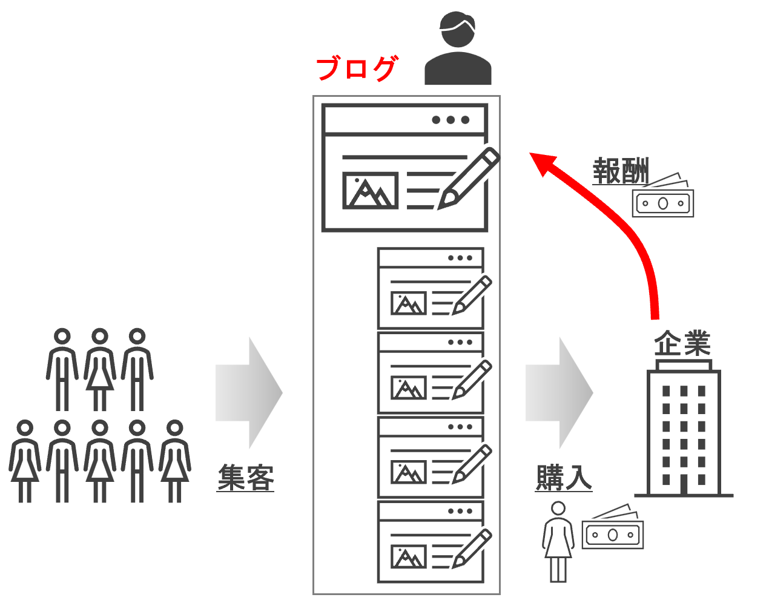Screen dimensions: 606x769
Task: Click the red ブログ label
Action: point(356,68)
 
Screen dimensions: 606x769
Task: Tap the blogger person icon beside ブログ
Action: point(458,50)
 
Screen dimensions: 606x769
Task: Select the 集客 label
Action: point(246,478)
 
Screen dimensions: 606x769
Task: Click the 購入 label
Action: point(564,478)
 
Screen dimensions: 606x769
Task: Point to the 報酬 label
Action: point(620,171)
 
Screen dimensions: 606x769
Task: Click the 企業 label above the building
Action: point(682,343)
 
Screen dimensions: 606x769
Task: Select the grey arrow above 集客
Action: point(249,392)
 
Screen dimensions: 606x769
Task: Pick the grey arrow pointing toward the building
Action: point(559,392)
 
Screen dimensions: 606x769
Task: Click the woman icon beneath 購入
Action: point(558,541)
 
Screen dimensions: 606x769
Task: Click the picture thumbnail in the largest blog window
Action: point(371,190)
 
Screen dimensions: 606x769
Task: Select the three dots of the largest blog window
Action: point(451,120)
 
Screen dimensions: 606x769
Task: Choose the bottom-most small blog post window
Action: point(431,541)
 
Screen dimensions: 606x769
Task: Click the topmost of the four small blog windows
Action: point(431,288)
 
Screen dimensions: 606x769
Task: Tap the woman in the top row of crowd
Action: point(100,369)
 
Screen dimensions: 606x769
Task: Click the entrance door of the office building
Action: point(684,484)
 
